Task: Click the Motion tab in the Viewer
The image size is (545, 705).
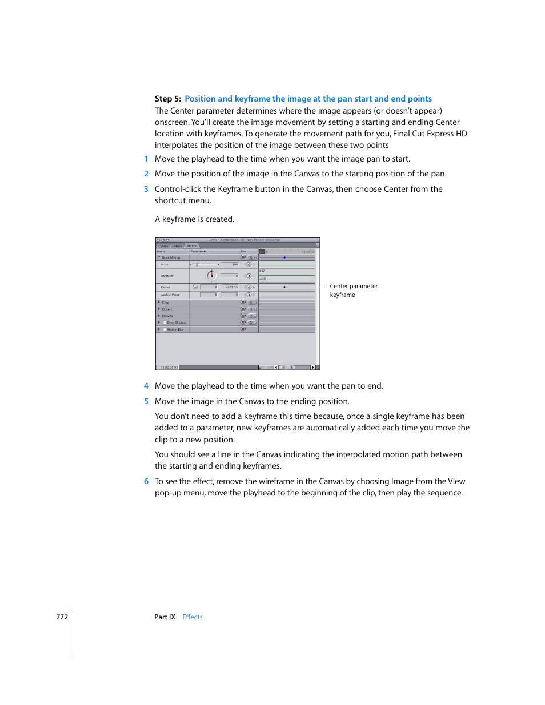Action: click(193, 246)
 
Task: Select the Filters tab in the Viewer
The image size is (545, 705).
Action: click(178, 246)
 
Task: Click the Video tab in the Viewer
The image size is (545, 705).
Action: click(164, 246)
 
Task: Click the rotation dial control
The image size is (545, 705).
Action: click(211, 275)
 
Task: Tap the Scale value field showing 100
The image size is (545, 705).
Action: click(230, 264)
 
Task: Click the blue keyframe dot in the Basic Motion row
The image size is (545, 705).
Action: click(284, 257)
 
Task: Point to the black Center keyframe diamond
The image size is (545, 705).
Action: click(284, 287)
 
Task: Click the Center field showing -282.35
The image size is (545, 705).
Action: click(230, 287)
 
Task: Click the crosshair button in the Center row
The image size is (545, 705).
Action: click(195, 287)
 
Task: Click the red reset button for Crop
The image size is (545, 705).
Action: click(243, 303)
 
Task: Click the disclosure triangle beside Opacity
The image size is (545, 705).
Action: click(159, 316)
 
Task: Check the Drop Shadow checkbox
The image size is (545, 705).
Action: click(165, 323)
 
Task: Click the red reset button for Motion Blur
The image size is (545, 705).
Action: click(243, 329)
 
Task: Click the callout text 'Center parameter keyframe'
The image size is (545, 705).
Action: click(353, 291)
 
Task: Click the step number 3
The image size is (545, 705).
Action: click(146, 189)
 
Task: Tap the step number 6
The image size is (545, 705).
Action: click(146, 481)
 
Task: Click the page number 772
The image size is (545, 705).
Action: click(62, 617)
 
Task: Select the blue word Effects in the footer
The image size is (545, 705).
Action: click(193, 617)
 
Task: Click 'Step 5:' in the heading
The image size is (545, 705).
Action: click(168, 99)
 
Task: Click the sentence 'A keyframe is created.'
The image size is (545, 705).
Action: click(194, 219)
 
